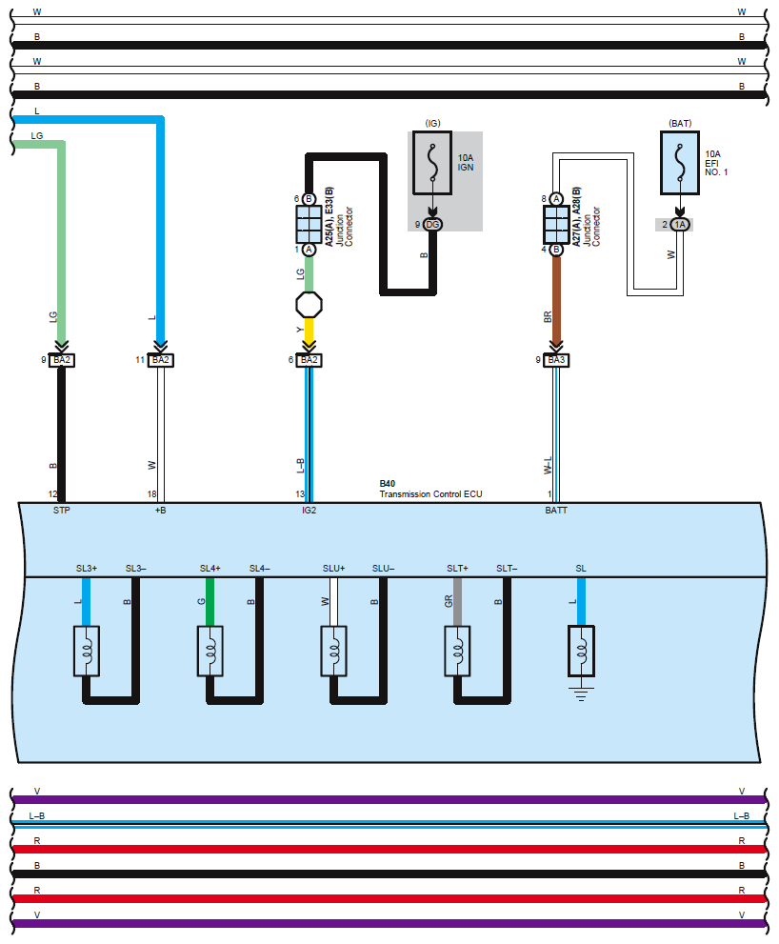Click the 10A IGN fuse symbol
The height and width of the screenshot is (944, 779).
click(x=432, y=163)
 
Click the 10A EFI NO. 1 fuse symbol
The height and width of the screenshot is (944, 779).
click(x=680, y=163)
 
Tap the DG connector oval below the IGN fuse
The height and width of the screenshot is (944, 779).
click(x=432, y=225)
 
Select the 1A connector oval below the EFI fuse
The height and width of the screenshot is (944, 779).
click(x=680, y=225)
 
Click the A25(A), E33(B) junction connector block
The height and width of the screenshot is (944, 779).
click(x=309, y=225)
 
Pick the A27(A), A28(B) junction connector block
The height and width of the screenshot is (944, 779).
click(x=556, y=225)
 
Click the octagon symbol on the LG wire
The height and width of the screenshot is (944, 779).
click(x=309, y=305)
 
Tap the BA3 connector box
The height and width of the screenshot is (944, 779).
click(x=556, y=360)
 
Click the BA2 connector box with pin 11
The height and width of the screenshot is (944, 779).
click(x=161, y=360)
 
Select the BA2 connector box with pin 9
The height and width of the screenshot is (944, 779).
click(x=61, y=360)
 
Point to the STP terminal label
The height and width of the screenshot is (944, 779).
click(x=61, y=511)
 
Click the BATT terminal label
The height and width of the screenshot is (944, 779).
click(x=556, y=511)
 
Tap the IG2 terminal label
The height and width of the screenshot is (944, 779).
click(x=309, y=511)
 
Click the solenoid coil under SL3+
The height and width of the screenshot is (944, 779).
click(x=86, y=651)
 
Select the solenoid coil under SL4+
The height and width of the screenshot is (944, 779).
click(x=210, y=651)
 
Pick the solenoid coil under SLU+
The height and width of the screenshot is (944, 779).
click(x=333, y=651)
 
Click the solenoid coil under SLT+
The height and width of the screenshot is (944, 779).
click(x=457, y=651)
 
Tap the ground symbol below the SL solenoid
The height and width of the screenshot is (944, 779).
click(x=581, y=693)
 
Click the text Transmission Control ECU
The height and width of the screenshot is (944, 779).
click(x=431, y=494)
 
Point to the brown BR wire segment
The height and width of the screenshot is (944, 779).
click(x=556, y=300)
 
